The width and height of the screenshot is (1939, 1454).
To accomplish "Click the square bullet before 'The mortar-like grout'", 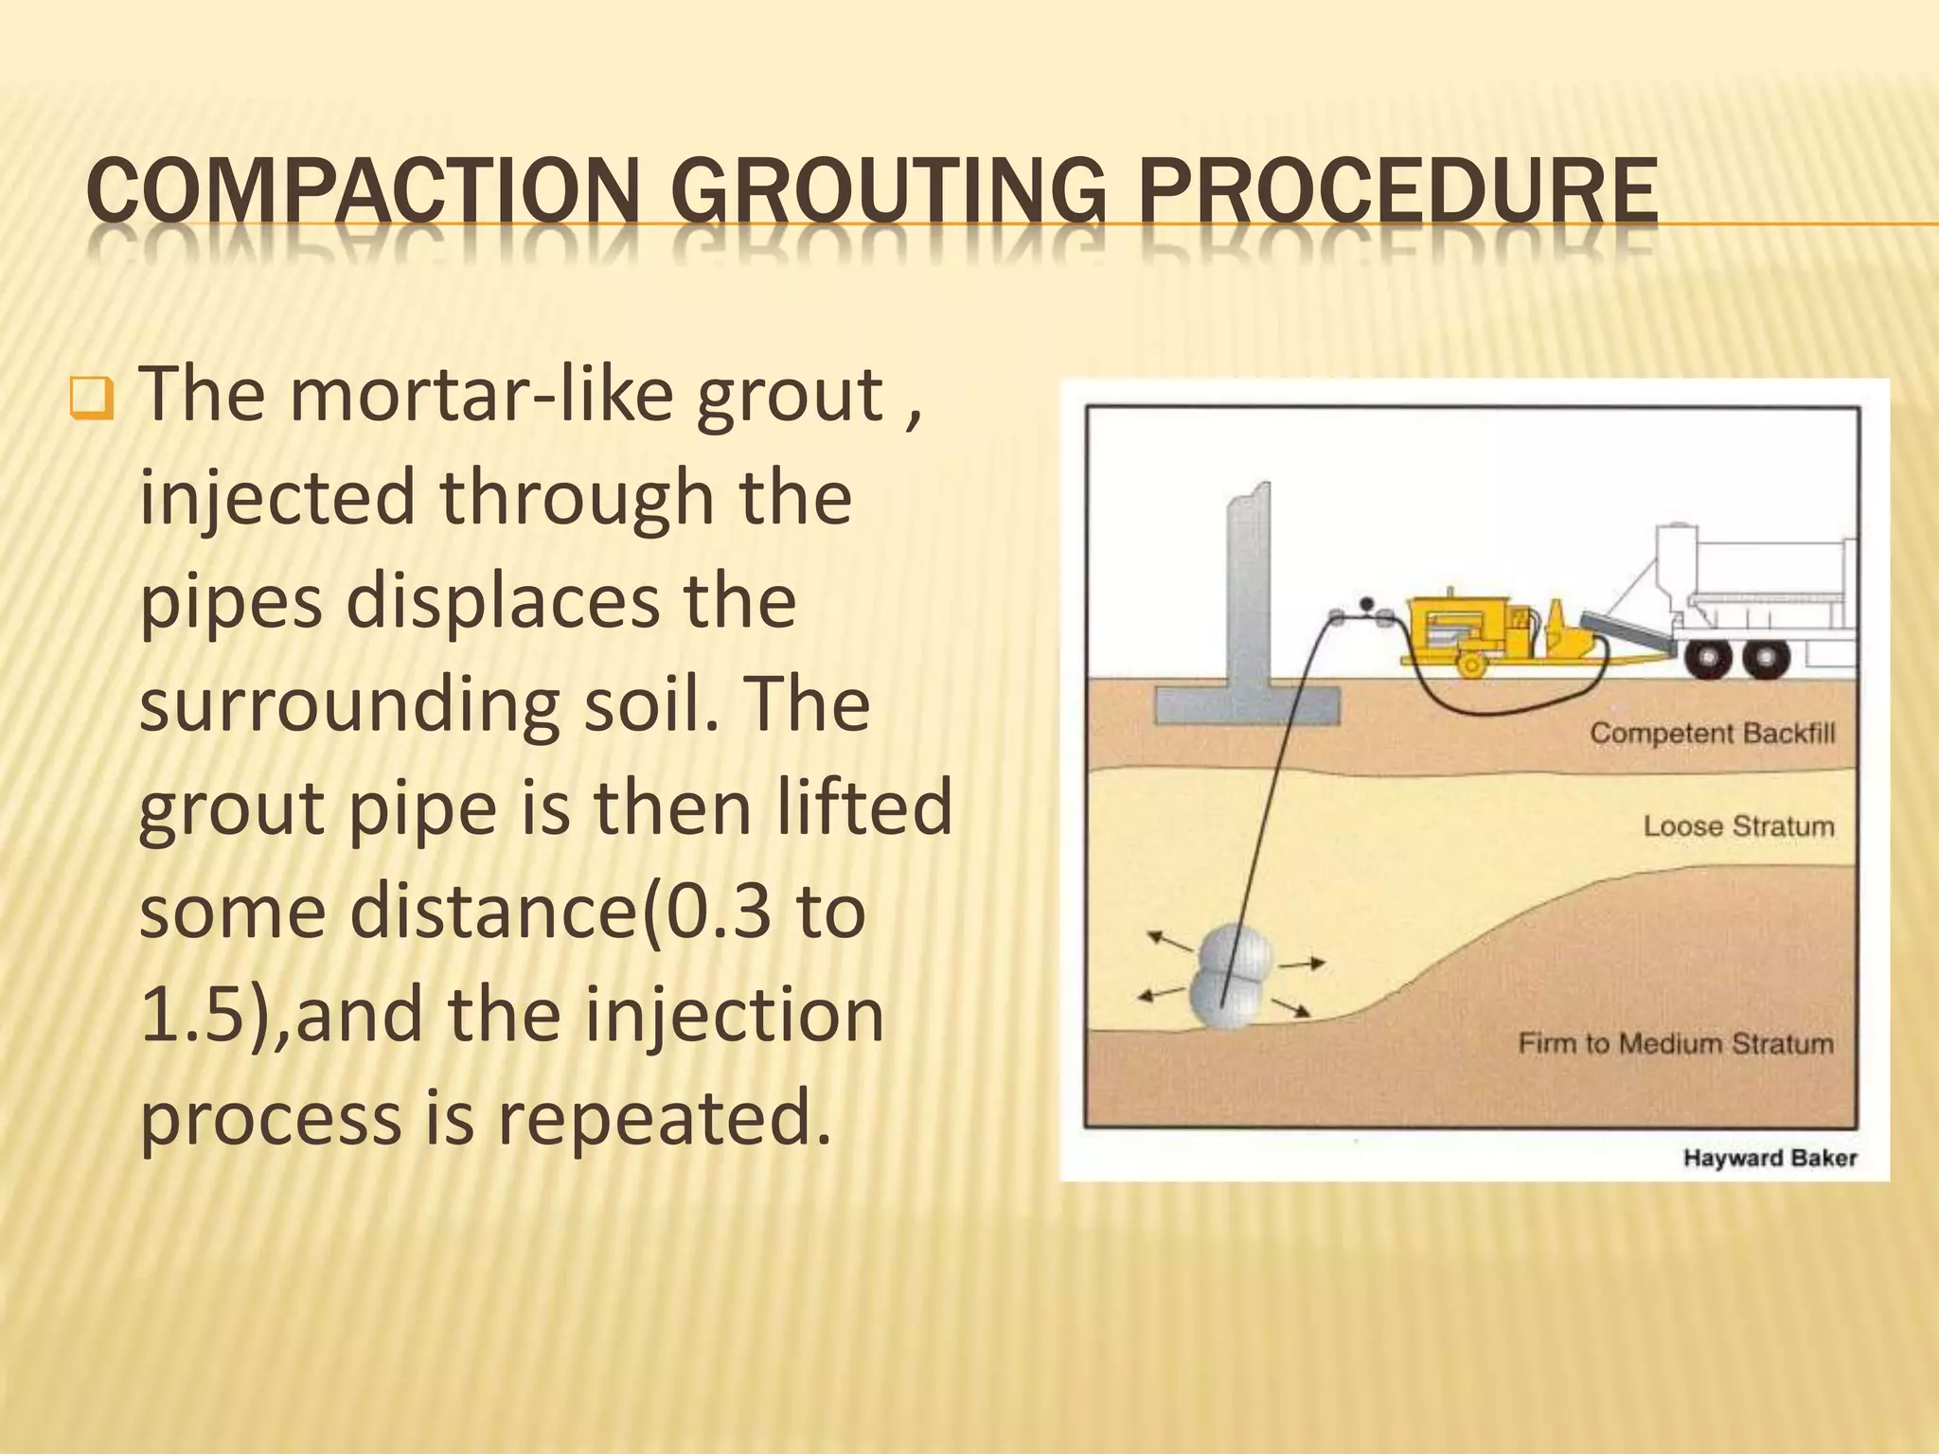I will click(x=92, y=401).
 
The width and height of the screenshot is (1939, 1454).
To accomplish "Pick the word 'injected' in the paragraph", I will click(x=276, y=499).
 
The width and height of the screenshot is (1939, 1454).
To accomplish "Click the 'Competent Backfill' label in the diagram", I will click(x=1712, y=733).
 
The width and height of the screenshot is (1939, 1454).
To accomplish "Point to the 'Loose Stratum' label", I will click(x=1738, y=826).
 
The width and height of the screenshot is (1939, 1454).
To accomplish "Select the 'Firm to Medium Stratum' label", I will click(x=1676, y=1043).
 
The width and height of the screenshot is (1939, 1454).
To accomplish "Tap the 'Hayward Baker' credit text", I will click(x=1770, y=1158).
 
